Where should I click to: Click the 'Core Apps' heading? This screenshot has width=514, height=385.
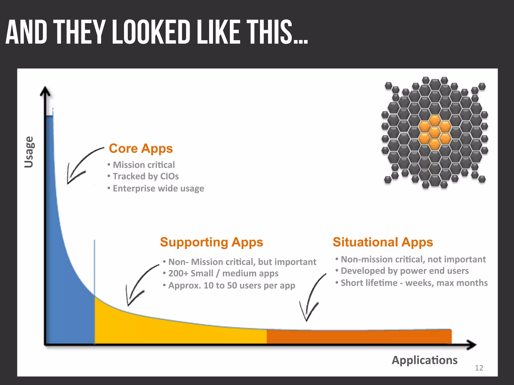click(141, 149)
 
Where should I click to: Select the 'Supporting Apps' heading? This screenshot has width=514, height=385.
click(212, 242)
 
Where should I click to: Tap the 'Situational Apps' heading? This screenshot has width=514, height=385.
click(383, 242)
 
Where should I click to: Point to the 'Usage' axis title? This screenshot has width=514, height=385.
click(29, 152)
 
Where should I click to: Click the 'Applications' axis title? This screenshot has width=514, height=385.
click(425, 360)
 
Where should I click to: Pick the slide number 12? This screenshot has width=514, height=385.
click(479, 368)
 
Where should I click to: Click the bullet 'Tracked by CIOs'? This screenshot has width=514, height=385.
click(146, 176)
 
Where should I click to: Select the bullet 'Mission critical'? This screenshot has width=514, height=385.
click(144, 165)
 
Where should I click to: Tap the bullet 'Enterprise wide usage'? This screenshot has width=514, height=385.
click(158, 188)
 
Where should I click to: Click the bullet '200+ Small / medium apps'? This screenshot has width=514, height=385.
click(223, 273)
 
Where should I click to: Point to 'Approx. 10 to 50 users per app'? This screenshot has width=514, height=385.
click(231, 285)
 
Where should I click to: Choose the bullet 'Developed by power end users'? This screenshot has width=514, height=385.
click(405, 271)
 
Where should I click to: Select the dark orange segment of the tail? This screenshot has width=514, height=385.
click(359, 337)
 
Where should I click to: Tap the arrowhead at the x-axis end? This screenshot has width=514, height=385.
click(472, 345)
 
